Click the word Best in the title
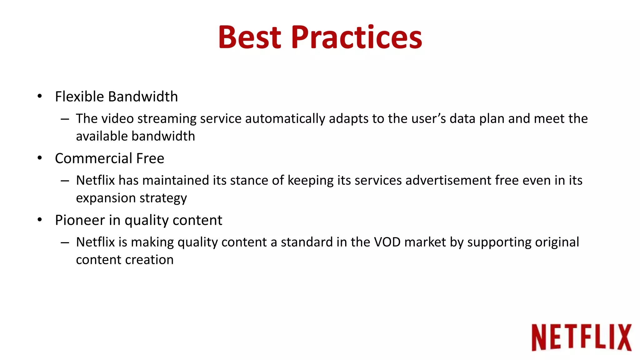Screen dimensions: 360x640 click(x=250, y=37)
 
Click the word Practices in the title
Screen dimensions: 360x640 click(x=357, y=37)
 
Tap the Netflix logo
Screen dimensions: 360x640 click(x=581, y=337)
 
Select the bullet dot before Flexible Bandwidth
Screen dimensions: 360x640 click(x=39, y=96)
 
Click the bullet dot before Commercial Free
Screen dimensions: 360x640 click(x=39, y=158)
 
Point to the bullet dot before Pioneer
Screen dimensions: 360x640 click(x=39, y=220)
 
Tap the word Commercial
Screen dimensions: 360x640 click(x=94, y=158)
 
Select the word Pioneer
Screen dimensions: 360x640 click(x=80, y=220)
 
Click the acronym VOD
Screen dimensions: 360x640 click(x=387, y=242)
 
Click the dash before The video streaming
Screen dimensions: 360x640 click(x=65, y=119)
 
